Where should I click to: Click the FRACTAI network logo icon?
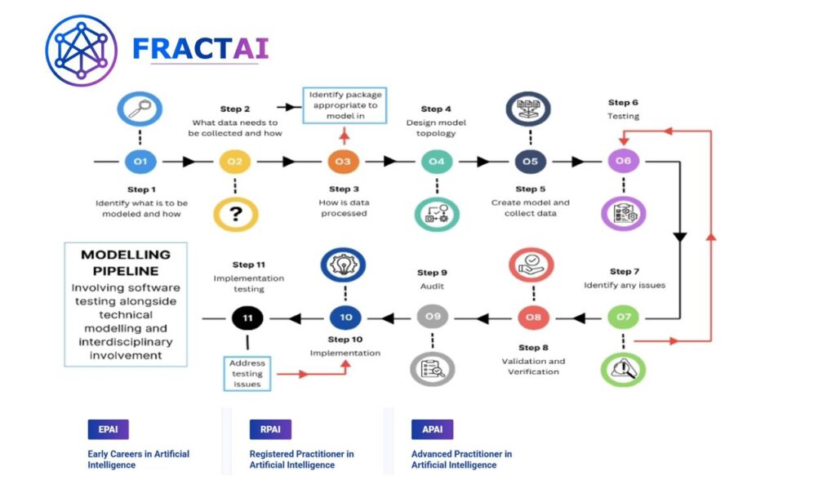[82, 51]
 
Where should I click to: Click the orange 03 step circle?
[343, 162]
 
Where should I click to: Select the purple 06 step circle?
[624, 162]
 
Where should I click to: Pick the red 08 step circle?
[532, 317]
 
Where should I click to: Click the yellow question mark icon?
[235, 214]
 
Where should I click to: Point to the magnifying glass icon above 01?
[140, 109]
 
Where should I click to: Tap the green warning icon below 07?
[623, 368]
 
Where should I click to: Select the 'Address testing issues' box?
[247, 373]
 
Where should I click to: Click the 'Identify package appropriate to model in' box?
[344, 105]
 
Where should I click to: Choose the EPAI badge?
[108, 429]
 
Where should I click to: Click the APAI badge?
[432, 429]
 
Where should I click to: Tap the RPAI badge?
[270, 429]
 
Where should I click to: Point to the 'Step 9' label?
[433, 273]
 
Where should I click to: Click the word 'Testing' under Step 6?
[624, 117]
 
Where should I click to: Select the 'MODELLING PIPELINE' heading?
[126, 262]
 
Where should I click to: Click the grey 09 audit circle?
[432, 317]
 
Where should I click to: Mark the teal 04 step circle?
[437, 162]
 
